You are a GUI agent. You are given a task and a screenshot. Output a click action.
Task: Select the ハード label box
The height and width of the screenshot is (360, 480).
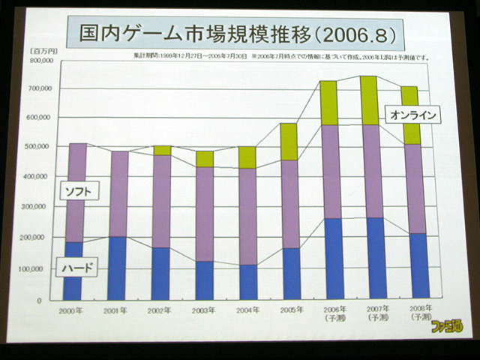pyautogui.click(x=77, y=266)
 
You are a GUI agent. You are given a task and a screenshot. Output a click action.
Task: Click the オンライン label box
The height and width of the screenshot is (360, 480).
pyautogui.click(x=411, y=115)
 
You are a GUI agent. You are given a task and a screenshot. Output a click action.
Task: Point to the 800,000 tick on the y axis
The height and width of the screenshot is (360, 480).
pyautogui.click(x=38, y=60)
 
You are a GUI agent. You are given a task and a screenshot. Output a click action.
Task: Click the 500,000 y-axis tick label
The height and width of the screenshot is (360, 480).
pyautogui.click(x=38, y=147)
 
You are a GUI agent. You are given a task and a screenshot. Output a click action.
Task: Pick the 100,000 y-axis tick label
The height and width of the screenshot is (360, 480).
pyautogui.click(x=38, y=268)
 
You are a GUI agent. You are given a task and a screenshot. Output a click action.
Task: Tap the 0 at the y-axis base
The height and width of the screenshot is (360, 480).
pyautogui.click(x=48, y=300)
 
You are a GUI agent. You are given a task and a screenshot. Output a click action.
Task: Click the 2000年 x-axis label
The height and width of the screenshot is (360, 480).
pyautogui.click(x=73, y=310)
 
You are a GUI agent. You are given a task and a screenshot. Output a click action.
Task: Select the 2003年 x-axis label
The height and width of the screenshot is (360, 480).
pyautogui.click(x=204, y=310)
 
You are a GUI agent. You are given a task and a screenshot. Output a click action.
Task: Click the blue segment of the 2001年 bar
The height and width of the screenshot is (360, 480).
pyautogui.click(x=117, y=268)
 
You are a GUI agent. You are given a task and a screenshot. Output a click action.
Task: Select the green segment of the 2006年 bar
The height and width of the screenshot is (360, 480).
pyautogui.click(x=328, y=103)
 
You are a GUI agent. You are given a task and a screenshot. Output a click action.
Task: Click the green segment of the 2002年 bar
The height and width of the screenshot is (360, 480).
pyautogui.click(x=161, y=151)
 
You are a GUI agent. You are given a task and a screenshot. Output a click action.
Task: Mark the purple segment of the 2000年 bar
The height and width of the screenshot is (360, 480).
pyautogui.click(x=73, y=192)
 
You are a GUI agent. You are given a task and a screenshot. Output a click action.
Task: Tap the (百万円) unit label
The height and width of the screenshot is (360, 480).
pyautogui.click(x=40, y=50)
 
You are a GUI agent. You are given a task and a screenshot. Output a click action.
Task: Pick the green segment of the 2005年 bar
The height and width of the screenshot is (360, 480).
pyautogui.click(x=289, y=142)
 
